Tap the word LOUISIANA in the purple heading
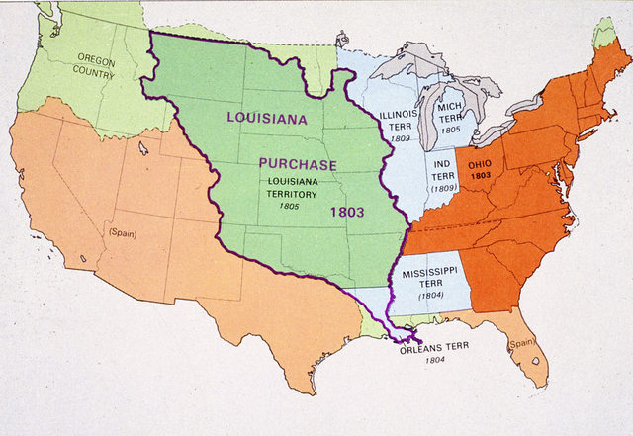[266, 118]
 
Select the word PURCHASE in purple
[298, 164]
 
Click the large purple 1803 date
[349, 211]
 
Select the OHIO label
[481, 163]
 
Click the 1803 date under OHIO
[481, 175]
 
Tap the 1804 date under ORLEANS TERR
[435, 362]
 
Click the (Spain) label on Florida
[522, 343]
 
